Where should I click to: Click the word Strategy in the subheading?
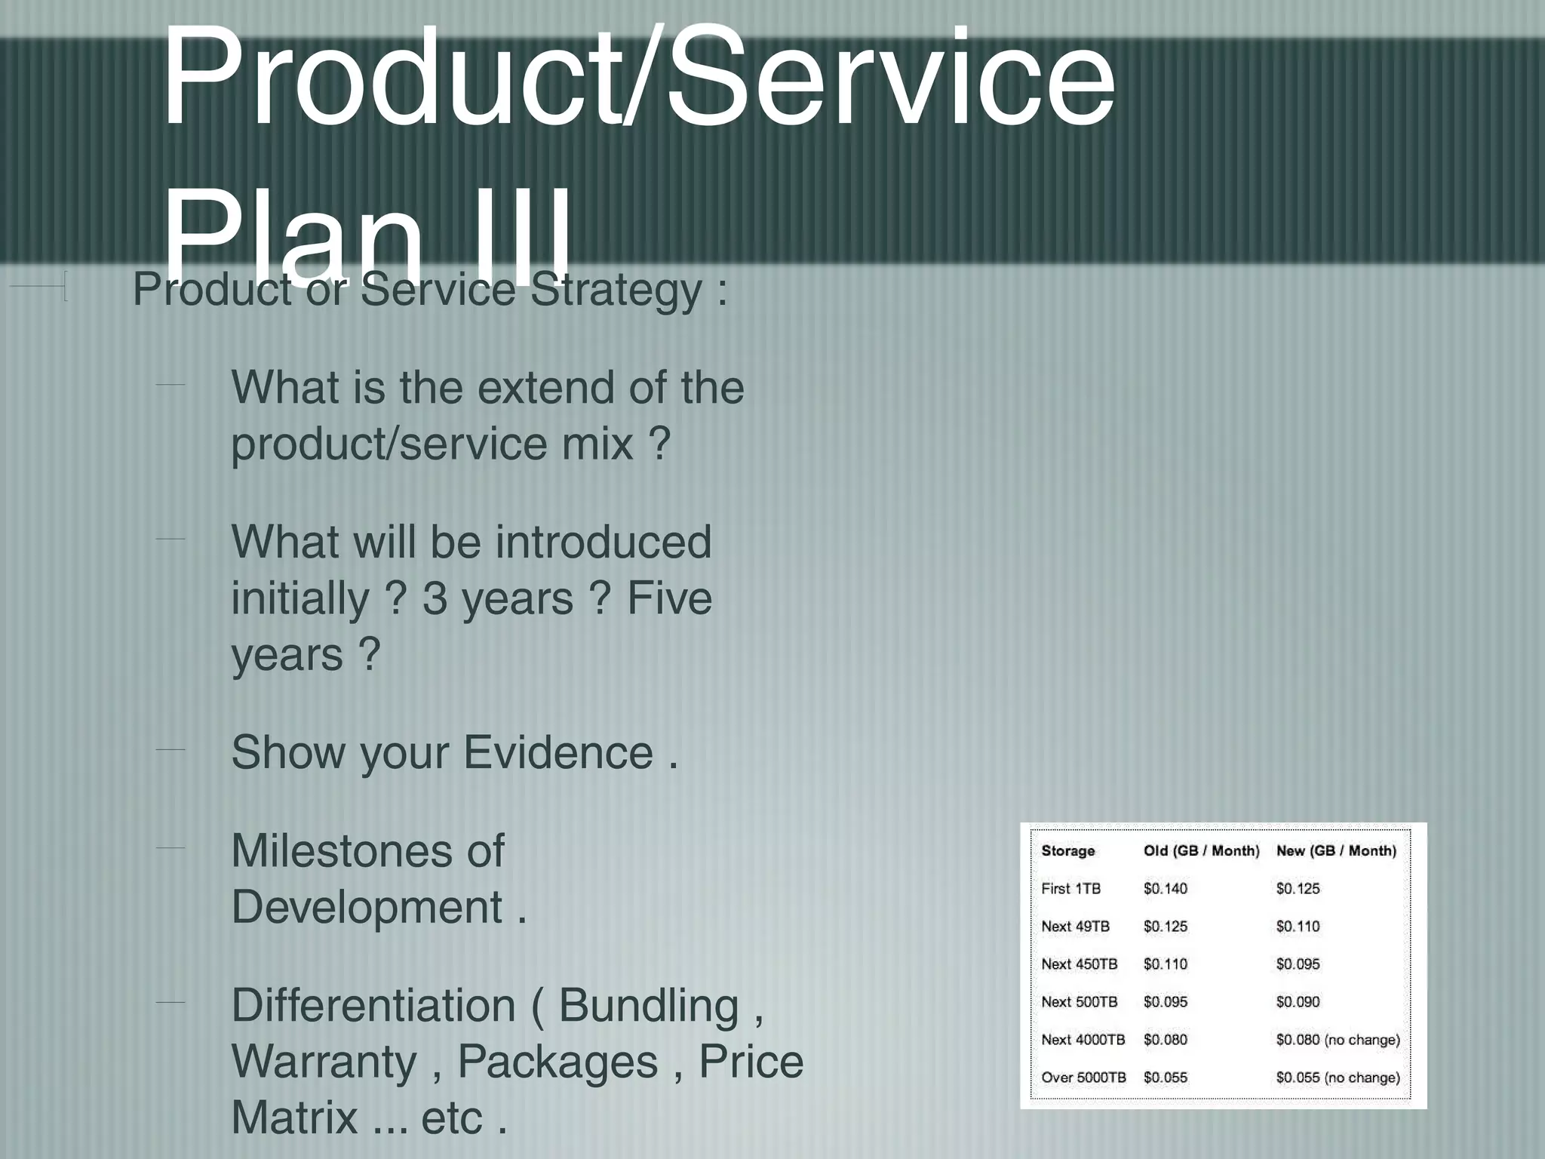coord(616,291)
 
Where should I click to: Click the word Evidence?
coord(557,752)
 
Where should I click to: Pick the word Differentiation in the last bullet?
coord(373,1006)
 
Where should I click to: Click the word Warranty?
coord(324,1062)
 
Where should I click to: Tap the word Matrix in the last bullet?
coord(294,1117)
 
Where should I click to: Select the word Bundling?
coord(649,1006)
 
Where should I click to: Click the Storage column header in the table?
coord(1067,851)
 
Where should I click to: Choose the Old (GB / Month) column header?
coord(1201,851)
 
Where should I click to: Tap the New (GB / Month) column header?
coord(1336,851)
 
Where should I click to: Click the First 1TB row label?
coord(1070,889)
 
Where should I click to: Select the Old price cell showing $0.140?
coord(1166,889)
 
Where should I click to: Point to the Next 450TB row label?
coord(1079,964)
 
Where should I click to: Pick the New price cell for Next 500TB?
coord(1298,1002)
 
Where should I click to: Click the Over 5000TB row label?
coord(1083,1078)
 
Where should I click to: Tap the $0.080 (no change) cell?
coord(1338,1040)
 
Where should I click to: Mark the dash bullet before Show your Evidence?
coord(170,749)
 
